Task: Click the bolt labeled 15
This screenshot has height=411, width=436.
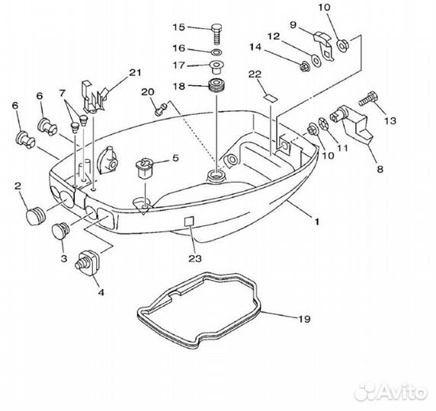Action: coord(216,34)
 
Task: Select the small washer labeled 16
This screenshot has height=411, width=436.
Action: coord(216,52)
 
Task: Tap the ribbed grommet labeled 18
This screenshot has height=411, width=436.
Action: coord(216,86)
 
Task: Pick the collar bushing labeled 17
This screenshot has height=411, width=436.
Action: coord(216,68)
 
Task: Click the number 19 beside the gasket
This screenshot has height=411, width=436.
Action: coord(304,319)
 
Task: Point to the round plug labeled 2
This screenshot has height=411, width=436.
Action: coord(36,217)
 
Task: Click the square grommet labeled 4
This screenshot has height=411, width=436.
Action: coord(88,263)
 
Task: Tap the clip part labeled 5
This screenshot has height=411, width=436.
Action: coord(144,168)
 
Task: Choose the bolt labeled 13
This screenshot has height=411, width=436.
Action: coord(369,99)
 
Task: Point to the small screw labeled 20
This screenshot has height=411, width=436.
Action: coord(160,109)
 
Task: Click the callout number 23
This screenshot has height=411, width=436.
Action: coord(195,259)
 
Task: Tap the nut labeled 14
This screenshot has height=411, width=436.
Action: coord(305,67)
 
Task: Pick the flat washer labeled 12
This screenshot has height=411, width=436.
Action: coord(316,61)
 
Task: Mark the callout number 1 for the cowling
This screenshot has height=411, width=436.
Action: coord(317,222)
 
